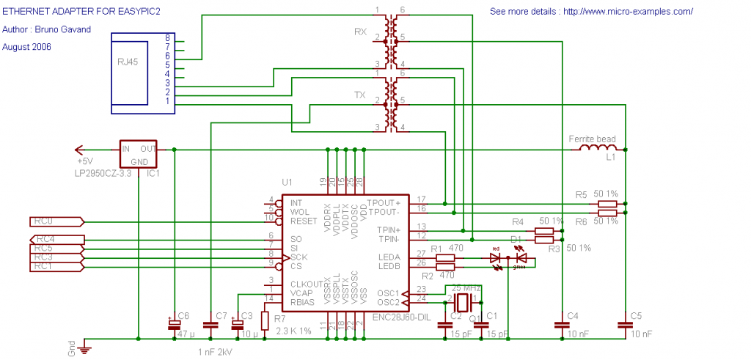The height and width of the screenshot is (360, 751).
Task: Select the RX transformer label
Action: pyautogui.click(x=360, y=32)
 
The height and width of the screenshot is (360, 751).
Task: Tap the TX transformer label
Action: pyautogui.click(x=360, y=95)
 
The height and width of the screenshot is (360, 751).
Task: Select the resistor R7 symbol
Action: pyautogui.click(x=265, y=320)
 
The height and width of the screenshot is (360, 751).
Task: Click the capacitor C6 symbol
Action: pyautogui.click(x=175, y=323)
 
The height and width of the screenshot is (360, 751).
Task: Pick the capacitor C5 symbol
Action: pyautogui.click(x=626, y=323)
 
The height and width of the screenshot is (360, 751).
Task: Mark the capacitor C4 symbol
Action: pyautogui.click(x=562, y=323)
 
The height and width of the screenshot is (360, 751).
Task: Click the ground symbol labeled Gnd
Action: pyautogui.click(x=85, y=348)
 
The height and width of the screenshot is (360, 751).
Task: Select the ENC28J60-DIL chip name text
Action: pyautogui.click(x=402, y=317)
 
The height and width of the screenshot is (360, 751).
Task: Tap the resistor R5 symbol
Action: pyautogui.click(x=607, y=204)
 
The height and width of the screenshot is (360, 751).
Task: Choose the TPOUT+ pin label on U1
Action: pyautogui.click(x=384, y=202)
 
